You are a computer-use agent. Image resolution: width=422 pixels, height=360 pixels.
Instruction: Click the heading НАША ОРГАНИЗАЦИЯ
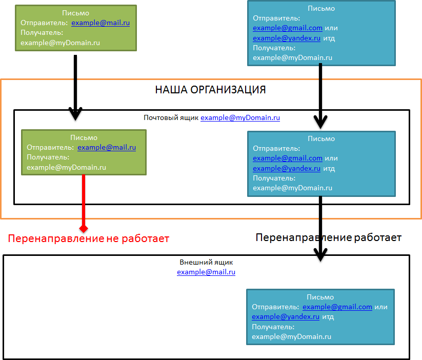[x=210, y=90]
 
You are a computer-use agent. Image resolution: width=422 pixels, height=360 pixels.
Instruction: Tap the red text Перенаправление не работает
[x=88, y=238]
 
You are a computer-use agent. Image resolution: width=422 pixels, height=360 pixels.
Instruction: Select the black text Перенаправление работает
[x=328, y=237]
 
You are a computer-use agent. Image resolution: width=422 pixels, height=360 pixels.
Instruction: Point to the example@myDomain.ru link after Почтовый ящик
[x=240, y=118]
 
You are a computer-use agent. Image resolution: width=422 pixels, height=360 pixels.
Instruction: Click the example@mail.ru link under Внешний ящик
[x=206, y=272]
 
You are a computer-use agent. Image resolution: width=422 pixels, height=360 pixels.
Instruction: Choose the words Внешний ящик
[x=206, y=263]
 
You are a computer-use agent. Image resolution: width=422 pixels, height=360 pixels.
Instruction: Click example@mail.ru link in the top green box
[x=101, y=23]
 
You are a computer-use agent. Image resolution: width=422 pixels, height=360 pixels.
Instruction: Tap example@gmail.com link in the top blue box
[x=287, y=28]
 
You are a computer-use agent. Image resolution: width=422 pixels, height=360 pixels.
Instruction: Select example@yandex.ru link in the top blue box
[x=286, y=38]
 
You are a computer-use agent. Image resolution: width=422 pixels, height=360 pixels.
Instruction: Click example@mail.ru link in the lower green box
[x=107, y=148]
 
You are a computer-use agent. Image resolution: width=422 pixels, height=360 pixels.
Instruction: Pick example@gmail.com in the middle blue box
[x=287, y=158]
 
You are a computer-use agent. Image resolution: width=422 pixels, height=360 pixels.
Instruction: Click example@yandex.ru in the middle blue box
[x=286, y=168]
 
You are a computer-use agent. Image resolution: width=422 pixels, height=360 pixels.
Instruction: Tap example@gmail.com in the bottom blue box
[x=337, y=307]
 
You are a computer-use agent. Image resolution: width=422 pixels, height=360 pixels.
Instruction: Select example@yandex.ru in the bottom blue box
[x=285, y=317]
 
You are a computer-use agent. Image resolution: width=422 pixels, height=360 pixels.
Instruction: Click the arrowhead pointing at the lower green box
[x=75, y=114]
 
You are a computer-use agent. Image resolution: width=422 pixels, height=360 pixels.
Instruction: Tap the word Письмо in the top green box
[x=75, y=13]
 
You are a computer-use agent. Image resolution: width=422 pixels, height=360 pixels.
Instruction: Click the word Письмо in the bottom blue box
[x=320, y=297]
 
